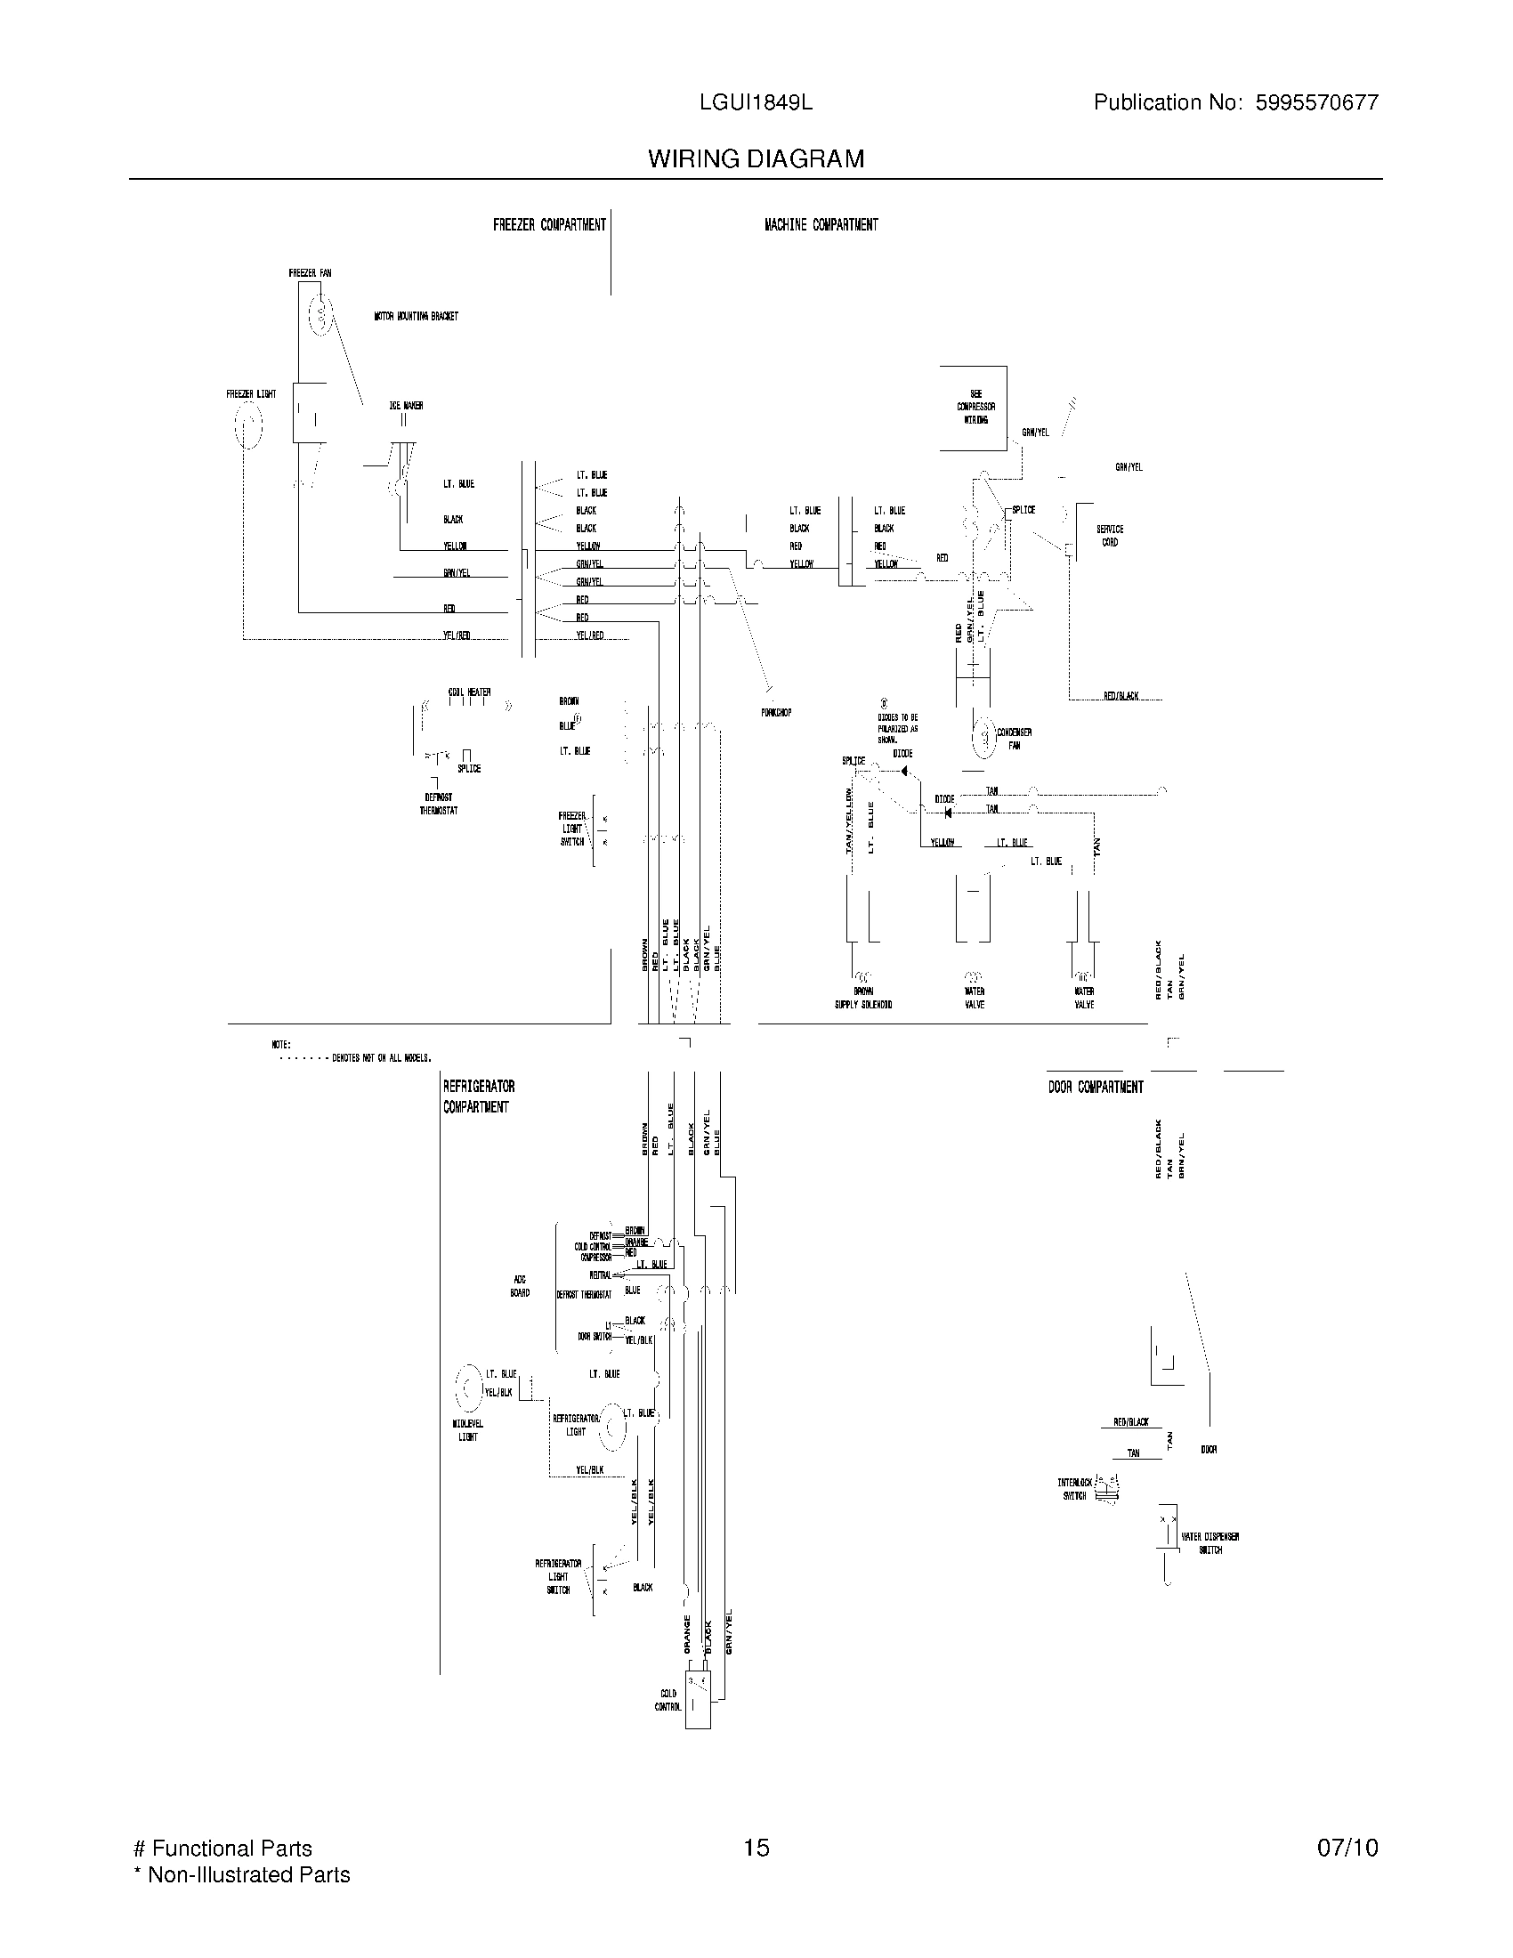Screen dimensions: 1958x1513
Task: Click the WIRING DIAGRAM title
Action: (756, 158)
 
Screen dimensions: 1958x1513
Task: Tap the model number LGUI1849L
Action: (756, 102)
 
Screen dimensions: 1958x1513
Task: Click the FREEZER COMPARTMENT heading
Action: (548, 225)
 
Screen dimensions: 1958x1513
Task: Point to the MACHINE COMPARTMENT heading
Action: (821, 225)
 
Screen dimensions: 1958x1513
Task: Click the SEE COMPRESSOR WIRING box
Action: (974, 408)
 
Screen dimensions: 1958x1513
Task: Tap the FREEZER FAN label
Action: (309, 272)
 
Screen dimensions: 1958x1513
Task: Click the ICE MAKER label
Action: (405, 405)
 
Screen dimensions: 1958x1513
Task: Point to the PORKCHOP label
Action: (776, 713)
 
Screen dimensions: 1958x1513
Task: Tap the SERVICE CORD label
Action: (1109, 535)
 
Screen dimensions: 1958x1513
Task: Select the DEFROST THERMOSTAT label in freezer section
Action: (438, 804)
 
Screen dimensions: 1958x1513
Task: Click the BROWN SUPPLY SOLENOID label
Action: (862, 998)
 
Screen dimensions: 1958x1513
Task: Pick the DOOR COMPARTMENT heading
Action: (1096, 1087)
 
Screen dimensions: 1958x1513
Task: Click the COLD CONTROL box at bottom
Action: (699, 1700)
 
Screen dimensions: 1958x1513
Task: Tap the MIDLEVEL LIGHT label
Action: (467, 1430)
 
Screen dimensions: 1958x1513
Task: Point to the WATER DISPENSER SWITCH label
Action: (1210, 1543)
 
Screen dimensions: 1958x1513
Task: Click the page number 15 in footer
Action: (756, 1848)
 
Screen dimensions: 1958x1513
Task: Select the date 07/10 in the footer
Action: (1347, 1848)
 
